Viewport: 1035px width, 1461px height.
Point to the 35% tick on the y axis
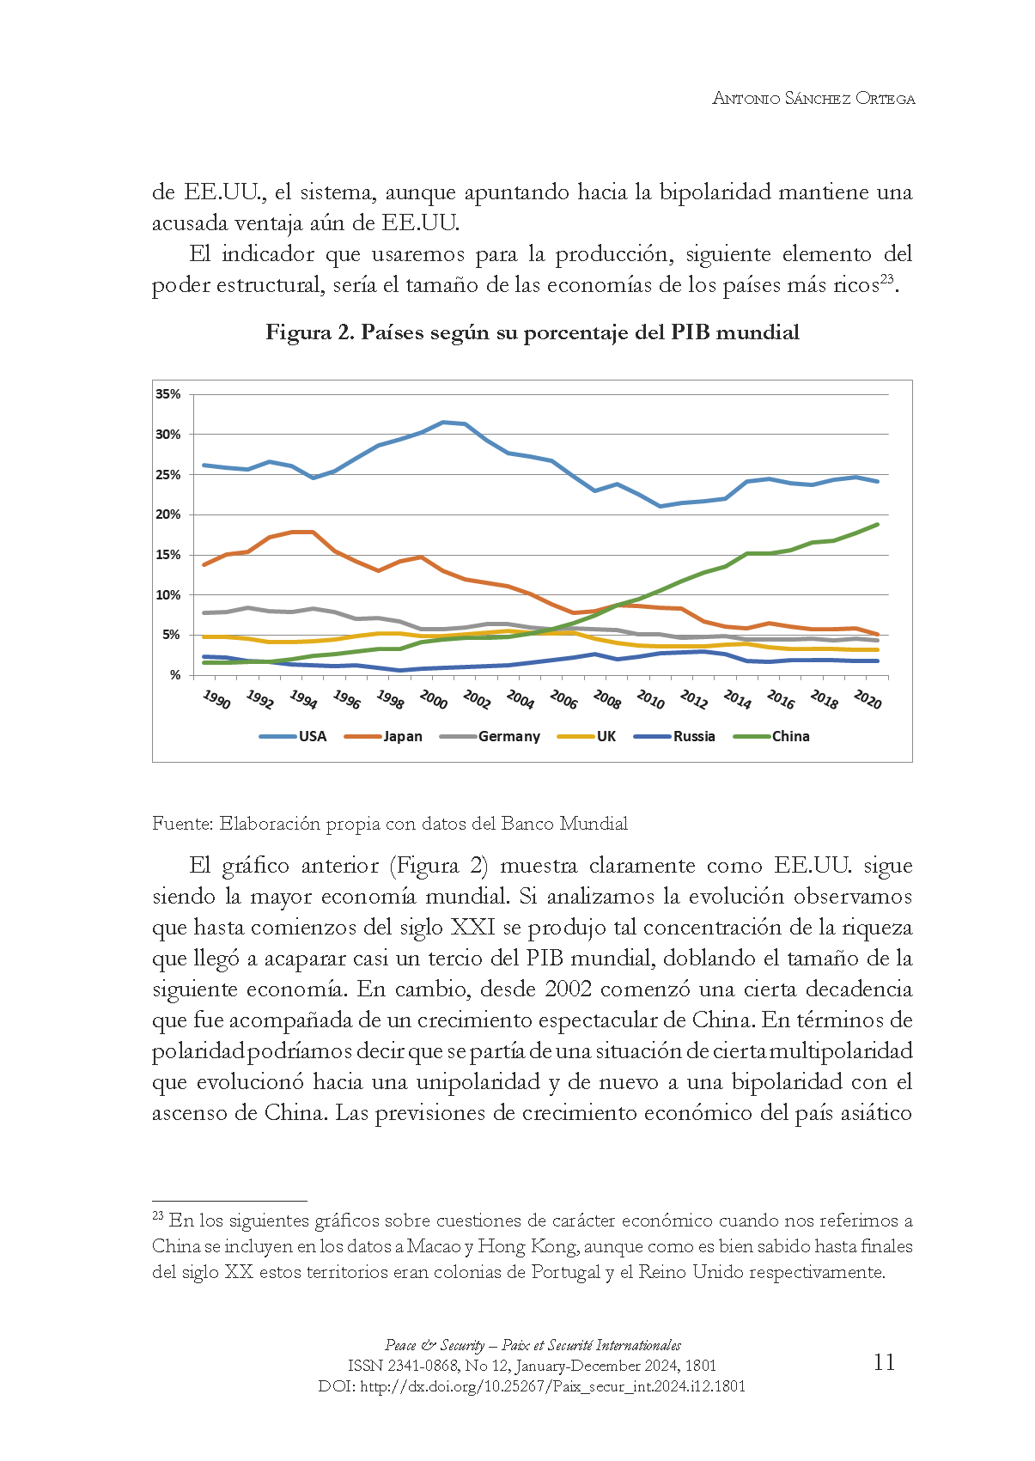click(168, 394)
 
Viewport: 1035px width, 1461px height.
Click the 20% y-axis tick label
click(168, 514)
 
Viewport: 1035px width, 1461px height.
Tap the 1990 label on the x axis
click(216, 700)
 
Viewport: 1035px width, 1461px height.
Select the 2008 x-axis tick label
click(607, 700)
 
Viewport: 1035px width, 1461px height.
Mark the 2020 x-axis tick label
click(868, 700)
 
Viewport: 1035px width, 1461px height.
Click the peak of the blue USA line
click(442, 422)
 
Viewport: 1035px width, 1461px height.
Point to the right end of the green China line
click(877, 524)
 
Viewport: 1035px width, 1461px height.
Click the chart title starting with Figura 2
click(533, 332)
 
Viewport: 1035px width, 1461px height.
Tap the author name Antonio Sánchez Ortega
click(813, 98)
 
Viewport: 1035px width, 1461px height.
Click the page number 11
click(884, 1362)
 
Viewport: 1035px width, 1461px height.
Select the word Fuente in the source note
click(181, 824)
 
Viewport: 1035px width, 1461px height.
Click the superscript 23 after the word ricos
click(887, 278)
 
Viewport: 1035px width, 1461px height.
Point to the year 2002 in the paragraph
click(568, 989)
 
